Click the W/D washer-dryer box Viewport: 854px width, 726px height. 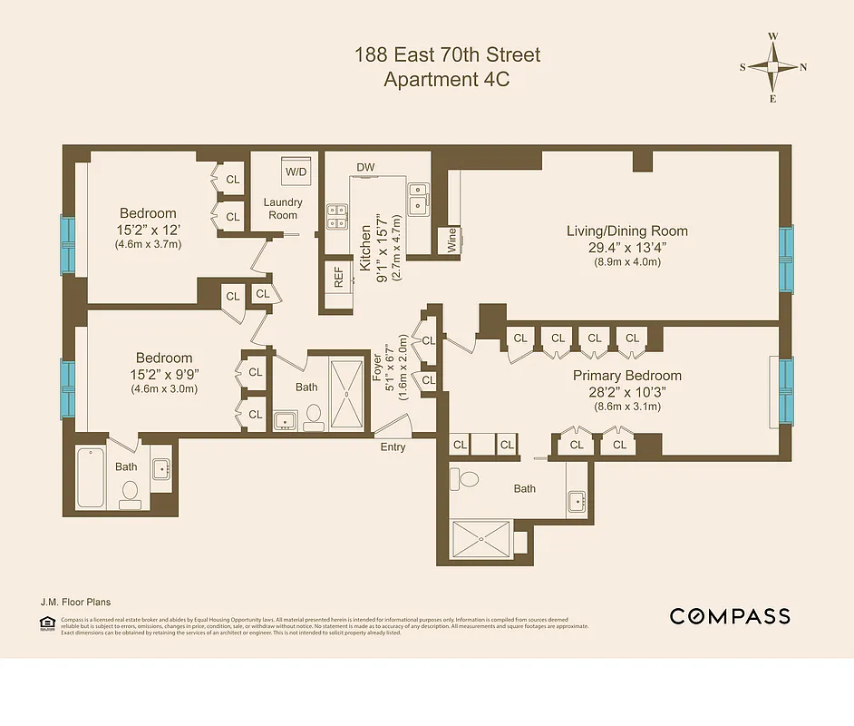point(296,172)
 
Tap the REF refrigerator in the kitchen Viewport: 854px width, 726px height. point(339,276)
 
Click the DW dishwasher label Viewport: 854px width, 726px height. point(365,167)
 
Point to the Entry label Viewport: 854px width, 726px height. point(393,447)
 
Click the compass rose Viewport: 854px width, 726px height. point(772,67)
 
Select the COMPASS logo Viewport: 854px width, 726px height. point(729,617)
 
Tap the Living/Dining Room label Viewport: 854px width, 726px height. point(626,231)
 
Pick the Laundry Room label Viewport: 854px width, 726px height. point(283,208)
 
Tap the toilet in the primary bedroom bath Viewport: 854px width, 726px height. point(468,478)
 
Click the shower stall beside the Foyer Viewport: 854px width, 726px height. point(345,393)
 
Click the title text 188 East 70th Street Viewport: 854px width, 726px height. point(447,54)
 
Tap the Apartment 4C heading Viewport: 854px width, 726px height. point(447,79)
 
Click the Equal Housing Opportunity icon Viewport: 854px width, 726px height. point(47,623)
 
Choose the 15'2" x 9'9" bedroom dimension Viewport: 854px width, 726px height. point(164,374)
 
